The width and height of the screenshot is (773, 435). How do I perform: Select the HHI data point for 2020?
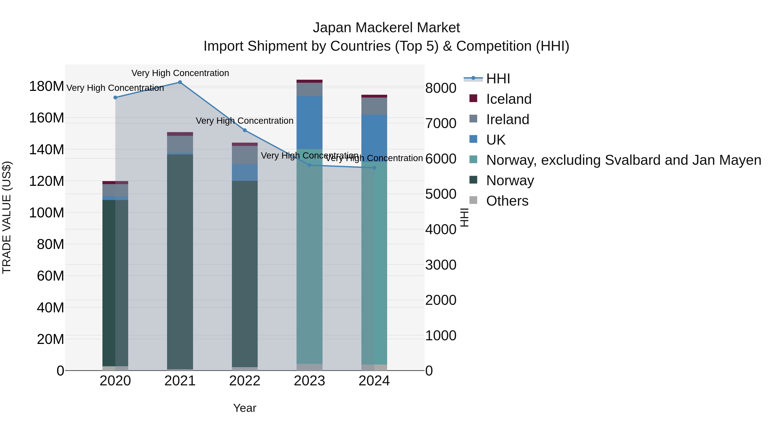tap(115, 98)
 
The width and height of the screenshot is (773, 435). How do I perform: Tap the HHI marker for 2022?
tap(245, 130)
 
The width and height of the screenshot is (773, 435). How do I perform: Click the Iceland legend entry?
tap(509, 99)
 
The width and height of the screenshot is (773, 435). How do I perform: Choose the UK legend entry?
tap(496, 140)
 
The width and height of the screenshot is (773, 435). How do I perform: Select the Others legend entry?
tap(507, 201)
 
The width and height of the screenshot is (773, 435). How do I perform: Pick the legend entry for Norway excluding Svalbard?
tap(624, 160)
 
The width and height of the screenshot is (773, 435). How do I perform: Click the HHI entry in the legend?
tap(498, 79)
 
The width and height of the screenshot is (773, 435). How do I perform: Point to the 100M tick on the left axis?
tap(47, 213)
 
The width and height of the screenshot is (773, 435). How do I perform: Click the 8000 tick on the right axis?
tap(441, 88)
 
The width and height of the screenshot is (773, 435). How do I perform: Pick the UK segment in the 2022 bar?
tap(245, 173)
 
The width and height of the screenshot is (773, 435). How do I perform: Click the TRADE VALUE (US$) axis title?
tap(7, 217)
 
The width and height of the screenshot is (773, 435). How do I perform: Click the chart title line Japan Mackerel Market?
tap(386, 28)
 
